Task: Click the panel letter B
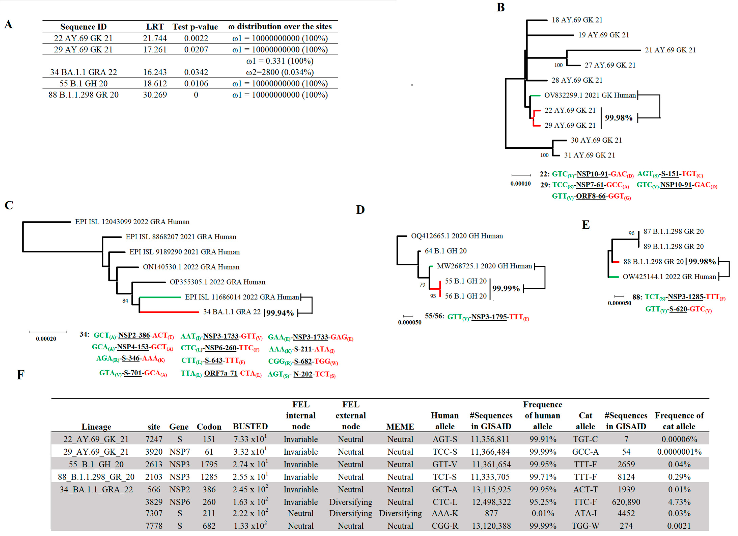point(500,7)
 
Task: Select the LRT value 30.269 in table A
point(155,95)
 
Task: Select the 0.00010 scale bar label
point(520,183)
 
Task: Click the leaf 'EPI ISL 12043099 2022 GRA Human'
point(132,222)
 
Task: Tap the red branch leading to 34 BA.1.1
point(169,312)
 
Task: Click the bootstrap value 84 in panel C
point(125,301)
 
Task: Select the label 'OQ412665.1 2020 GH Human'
point(457,236)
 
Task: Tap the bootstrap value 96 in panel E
point(631,233)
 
